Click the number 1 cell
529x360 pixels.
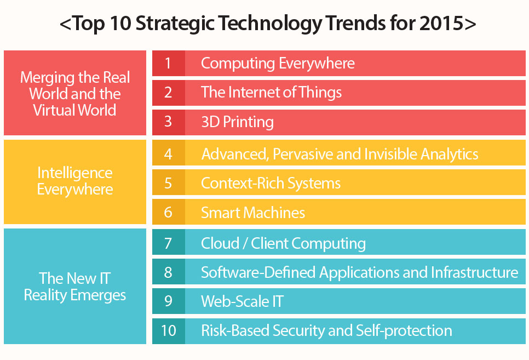click(x=168, y=64)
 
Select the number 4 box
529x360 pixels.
click(x=168, y=154)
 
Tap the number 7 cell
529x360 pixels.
click(x=168, y=243)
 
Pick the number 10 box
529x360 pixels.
click(x=168, y=331)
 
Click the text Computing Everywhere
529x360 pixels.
click(x=278, y=64)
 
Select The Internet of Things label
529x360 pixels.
click(x=271, y=92)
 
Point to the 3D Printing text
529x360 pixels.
click(x=237, y=122)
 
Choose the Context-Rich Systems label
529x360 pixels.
click(x=271, y=183)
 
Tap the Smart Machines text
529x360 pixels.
click(x=253, y=213)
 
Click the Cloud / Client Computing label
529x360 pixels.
click(x=283, y=243)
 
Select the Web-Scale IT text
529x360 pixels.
click(x=242, y=301)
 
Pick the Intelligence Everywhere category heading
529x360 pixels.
click(x=75, y=181)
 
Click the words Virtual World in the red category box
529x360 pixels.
click(x=75, y=110)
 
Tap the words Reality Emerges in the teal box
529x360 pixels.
click(x=75, y=295)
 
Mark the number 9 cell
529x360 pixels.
click(x=168, y=301)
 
